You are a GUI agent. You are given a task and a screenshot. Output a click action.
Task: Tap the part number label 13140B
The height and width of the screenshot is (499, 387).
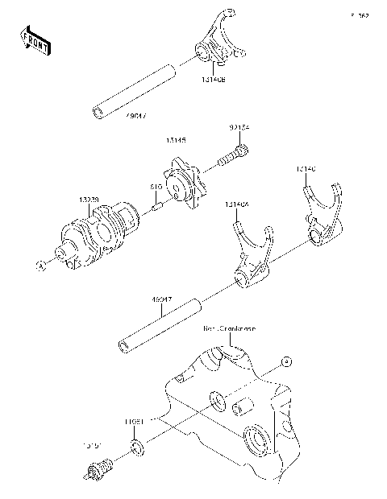213,80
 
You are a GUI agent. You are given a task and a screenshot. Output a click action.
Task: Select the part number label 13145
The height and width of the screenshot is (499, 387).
177,141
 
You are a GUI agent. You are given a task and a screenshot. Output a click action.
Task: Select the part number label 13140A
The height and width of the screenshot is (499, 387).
236,204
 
